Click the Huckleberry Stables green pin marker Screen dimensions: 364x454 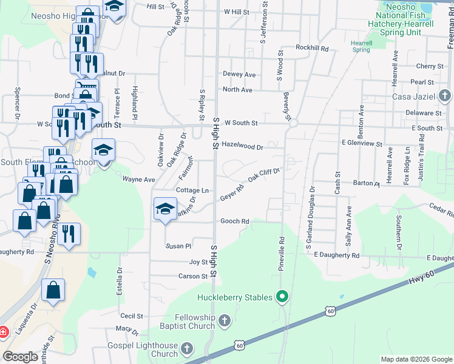[x=281, y=297]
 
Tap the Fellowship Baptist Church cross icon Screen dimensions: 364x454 [x=224, y=320]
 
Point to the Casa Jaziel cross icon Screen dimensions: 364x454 [x=445, y=95]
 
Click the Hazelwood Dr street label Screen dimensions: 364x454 [x=242, y=147]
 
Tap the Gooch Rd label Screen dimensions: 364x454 [x=235, y=221]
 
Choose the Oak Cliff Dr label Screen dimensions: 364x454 [x=263, y=174]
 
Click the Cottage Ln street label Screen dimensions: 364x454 [x=192, y=190]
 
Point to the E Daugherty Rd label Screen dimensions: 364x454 [x=337, y=255]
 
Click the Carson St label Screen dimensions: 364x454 [x=193, y=276]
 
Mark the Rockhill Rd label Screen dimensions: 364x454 [x=312, y=47]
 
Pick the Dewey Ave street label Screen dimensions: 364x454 [x=239, y=74]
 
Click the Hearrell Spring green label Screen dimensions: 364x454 [x=361, y=46]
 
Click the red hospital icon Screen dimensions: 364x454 [x=2, y=332]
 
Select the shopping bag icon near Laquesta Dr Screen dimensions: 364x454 [x=53, y=292]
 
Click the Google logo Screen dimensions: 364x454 [x=21, y=357]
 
